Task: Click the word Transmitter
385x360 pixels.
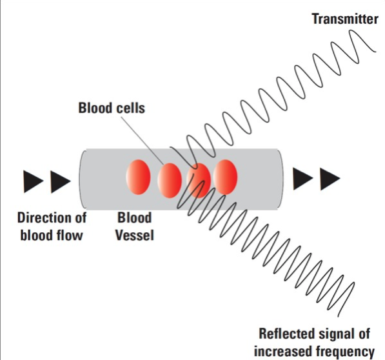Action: point(345,19)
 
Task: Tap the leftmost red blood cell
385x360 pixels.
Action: point(138,177)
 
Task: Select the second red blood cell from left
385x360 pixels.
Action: point(170,181)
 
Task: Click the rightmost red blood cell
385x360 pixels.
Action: point(225,177)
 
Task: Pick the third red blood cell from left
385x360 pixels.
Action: point(199,181)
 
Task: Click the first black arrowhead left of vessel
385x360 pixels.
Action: point(33,182)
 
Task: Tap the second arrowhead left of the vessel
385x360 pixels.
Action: point(61,182)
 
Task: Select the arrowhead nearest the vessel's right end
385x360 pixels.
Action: point(303,179)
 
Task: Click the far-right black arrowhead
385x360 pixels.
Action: point(330,179)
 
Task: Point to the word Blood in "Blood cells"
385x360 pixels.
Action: point(95,108)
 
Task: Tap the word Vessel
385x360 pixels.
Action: point(135,235)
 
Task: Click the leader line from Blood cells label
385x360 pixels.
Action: point(143,140)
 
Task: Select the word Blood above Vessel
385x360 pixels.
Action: point(134,217)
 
